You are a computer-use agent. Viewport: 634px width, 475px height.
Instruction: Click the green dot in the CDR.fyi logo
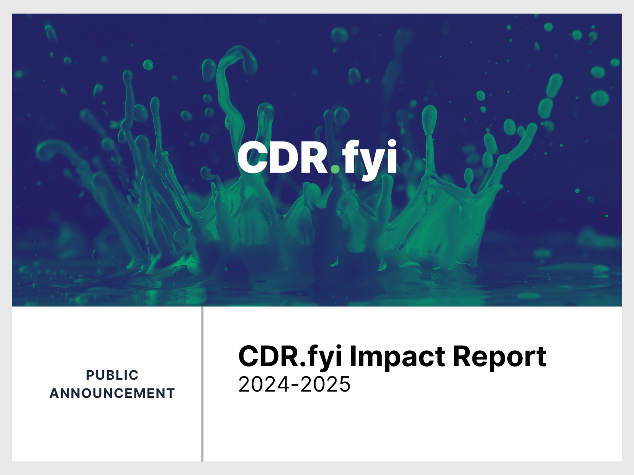click(x=335, y=169)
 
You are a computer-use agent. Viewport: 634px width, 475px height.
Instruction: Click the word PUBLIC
click(x=112, y=375)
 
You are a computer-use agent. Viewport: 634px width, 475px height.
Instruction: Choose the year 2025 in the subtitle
click(x=326, y=384)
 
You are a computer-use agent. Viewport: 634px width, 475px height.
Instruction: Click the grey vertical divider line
click(x=202, y=384)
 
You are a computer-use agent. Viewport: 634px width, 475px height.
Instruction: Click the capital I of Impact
click(x=353, y=356)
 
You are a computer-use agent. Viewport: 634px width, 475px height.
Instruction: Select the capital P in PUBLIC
click(x=90, y=375)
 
